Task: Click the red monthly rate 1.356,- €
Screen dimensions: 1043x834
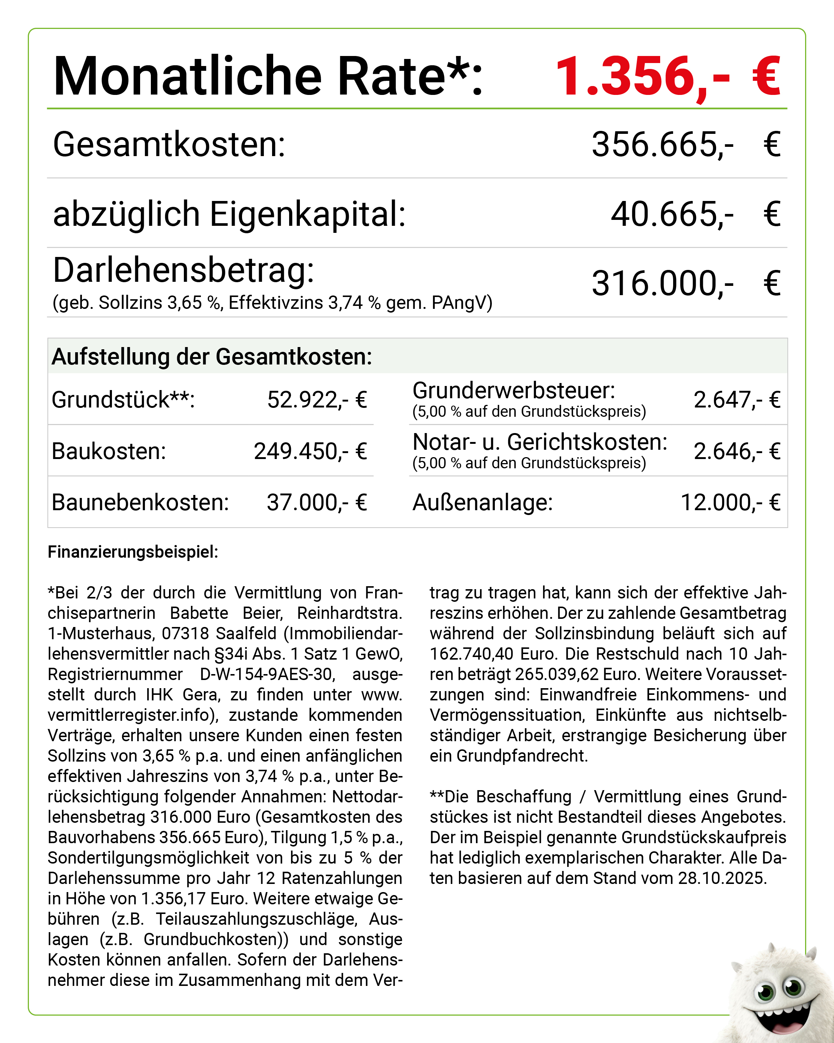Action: tap(668, 76)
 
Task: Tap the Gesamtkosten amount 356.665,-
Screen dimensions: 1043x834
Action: tap(662, 144)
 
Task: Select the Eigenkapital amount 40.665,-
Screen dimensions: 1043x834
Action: tap(672, 214)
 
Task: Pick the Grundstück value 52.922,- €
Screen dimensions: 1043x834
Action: tap(317, 400)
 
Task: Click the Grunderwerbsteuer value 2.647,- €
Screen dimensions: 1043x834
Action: tap(736, 400)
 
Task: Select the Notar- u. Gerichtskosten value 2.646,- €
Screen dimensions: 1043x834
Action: tap(736, 451)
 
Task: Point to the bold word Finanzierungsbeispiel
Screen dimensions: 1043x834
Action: tap(133, 552)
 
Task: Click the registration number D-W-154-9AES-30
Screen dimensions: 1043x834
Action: tap(267, 674)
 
